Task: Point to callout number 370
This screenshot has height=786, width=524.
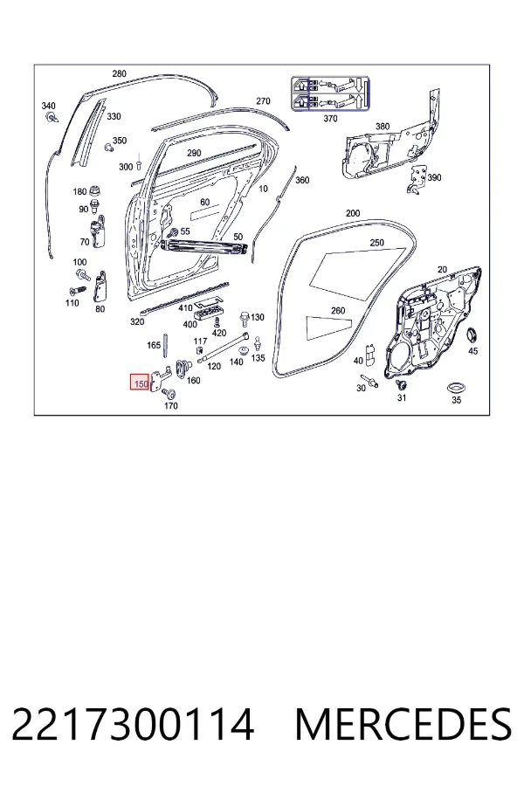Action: (x=330, y=118)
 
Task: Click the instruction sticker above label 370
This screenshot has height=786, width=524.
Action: (x=330, y=93)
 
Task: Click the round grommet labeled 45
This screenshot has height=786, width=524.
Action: (x=472, y=334)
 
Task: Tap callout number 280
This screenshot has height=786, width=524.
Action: (x=119, y=73)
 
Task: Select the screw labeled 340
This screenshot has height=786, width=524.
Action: (x=52, y=118)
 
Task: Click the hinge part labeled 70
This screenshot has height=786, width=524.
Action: (x=99, y=231)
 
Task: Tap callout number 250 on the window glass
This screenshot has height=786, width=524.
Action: (x=376, y=243)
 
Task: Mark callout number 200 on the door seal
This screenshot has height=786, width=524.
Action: (x=353, y=213)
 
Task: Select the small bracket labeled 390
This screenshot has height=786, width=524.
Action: (x=417, y=179)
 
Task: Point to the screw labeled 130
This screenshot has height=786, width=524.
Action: (x=245, y=317)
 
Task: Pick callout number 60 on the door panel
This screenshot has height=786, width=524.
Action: (x=204, y=202)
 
